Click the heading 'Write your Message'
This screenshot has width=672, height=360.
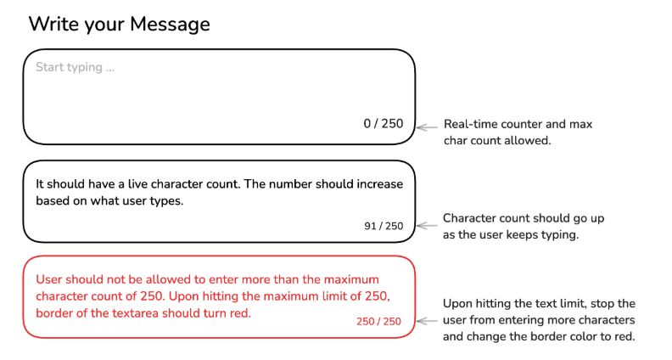[x=119, y=24]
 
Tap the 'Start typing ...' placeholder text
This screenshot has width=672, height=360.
[x=75, y=67]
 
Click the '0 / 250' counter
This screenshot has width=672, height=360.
[x=384, y=124]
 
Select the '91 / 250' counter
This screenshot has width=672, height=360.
[x=384, y=226]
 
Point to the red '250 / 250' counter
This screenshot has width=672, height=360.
[x=379, y=322]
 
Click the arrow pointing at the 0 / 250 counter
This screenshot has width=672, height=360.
[x=427, y=127]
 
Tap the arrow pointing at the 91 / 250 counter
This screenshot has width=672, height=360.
[x=427, y=226]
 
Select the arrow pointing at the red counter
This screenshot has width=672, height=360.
[x=427, y=321]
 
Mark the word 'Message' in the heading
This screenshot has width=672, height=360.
[x=171, y=25]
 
